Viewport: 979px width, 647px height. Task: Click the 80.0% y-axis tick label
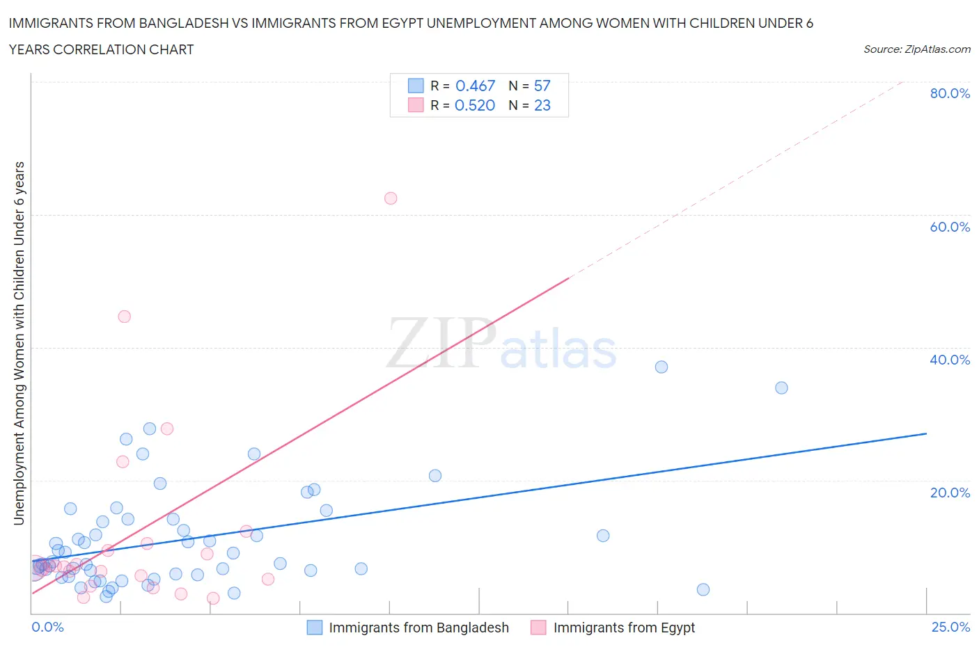tap(950, 93)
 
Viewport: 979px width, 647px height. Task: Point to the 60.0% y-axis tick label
tap(950, 227)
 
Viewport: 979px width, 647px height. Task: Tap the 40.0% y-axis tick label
tap(950, 360)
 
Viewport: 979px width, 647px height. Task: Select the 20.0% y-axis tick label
tap(950, 493)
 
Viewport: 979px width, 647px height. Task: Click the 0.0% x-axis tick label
tap(47, 628)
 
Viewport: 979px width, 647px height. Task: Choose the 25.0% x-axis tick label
tap(950, 628)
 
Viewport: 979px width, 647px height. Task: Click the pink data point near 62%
tap(391, 198)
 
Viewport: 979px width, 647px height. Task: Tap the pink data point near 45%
tap(125, 317)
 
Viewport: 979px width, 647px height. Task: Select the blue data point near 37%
tap(661, 367)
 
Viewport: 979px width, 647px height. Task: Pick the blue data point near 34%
tap(781, 388)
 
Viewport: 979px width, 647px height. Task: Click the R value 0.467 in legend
tap(475, 86)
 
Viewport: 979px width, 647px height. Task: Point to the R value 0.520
tap(475, 105)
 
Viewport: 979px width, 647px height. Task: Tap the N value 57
tap(542, 86)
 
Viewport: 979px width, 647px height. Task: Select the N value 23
tap(542, 105)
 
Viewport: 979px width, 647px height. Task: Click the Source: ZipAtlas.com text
tap(916, 49)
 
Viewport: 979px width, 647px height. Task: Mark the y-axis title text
tap(19, 343)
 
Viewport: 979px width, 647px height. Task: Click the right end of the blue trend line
tap(926, 433)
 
